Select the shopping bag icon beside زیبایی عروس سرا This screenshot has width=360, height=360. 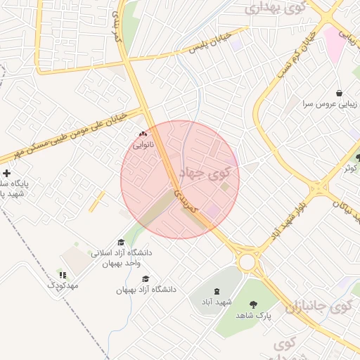pyautogui.click(x=340, y=93)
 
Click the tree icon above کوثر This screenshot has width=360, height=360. pyautogui.click(x=358, y=157)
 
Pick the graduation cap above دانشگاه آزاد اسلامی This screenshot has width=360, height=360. pyautogui.click(x=120, y=242)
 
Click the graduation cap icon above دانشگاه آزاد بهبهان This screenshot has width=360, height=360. pyautogui.click(x=146, y=278)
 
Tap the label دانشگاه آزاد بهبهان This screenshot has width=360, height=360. pyautogui.click(x=146, y=289)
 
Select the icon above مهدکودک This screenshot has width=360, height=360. pyautogui.click(x=63, y=275)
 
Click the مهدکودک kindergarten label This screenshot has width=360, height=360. pyautogui.click(x=63, y=286)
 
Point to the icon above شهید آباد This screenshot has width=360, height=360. pyautogui.click(x=216, y=291)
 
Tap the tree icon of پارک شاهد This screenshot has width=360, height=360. pyautogui.click(x=253, y=304)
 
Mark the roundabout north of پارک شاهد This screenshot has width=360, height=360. pyautogui.click(x=247, y=262)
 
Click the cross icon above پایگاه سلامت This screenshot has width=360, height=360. pyautogui.click(x=7, y=173)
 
